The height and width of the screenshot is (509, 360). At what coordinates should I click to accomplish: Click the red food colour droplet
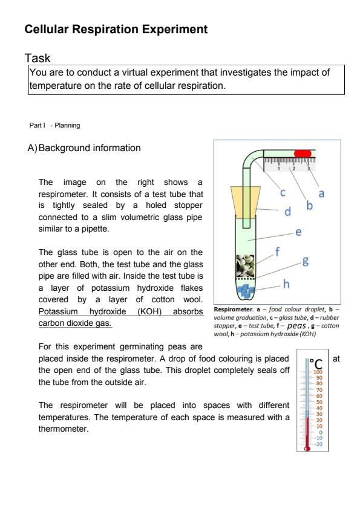[x=303, y=154]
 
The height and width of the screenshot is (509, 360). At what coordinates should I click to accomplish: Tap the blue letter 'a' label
[x=321, y=194]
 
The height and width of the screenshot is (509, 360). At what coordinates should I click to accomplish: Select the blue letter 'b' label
[x=309, y=205]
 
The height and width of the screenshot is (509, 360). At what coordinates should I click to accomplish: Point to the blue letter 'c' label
[x=283, y=193]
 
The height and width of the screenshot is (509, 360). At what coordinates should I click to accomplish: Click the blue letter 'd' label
[x=287, y=212]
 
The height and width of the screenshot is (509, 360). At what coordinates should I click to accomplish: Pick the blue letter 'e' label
[x=298, y=232]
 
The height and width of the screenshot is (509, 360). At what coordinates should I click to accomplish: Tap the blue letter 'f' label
[x=277, y=251]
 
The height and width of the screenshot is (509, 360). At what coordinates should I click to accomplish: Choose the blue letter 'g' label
[x=306, y=261]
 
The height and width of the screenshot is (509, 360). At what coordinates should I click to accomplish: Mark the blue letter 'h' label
[x=286, y=284]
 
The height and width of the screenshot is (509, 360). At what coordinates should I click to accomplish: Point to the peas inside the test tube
[x=245, y=266]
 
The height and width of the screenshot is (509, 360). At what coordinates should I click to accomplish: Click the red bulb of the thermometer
[x=307, y=449]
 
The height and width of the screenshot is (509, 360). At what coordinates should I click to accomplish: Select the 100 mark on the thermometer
[x=318, y=372]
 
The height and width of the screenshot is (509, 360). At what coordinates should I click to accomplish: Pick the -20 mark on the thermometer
[x=318, y=444]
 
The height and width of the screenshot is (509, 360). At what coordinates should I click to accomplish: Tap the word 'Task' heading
[x=38, y=59]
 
